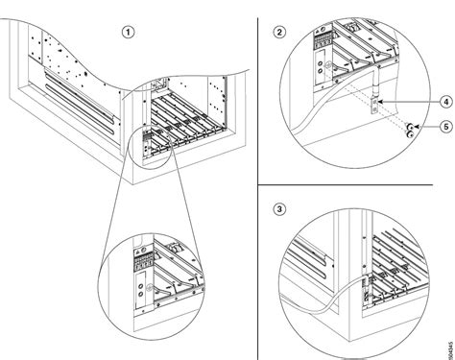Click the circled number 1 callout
click(x=128, y=31)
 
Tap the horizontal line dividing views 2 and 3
click(x=355, y=185)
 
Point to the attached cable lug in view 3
click(x=365, y=284)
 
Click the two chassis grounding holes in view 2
click(x=329, y=67)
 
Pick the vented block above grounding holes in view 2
click(x=323, y=44)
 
